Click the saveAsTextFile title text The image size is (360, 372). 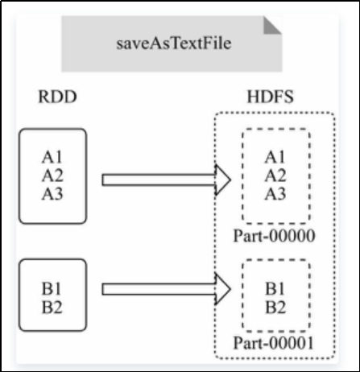coord(174,43)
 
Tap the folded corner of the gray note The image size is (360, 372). coord(271,27)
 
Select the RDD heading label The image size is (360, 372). coord(57,97)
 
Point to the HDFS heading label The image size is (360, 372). coord(270,97)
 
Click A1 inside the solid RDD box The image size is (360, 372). coord(52,157)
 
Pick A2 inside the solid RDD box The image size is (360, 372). coord(52,176)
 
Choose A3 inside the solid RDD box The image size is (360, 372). coord(52,194)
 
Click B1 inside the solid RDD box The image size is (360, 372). coord(52,289)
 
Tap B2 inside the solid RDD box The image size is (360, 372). coord(52,308)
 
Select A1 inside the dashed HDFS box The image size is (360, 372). coord(275,157)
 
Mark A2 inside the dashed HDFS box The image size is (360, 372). coord(275,176)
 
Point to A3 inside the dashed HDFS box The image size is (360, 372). coord(275,194)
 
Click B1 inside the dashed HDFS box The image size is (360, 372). coord(275,289)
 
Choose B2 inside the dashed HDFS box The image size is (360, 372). coord(275,308)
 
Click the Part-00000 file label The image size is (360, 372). coord(274,236)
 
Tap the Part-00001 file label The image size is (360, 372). coord(274,343)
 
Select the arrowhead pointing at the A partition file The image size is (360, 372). coord(223,180)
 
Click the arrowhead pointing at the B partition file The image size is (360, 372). coord(223,289)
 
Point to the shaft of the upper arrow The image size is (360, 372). coord(159,180)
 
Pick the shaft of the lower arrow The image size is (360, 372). coord(159,289)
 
